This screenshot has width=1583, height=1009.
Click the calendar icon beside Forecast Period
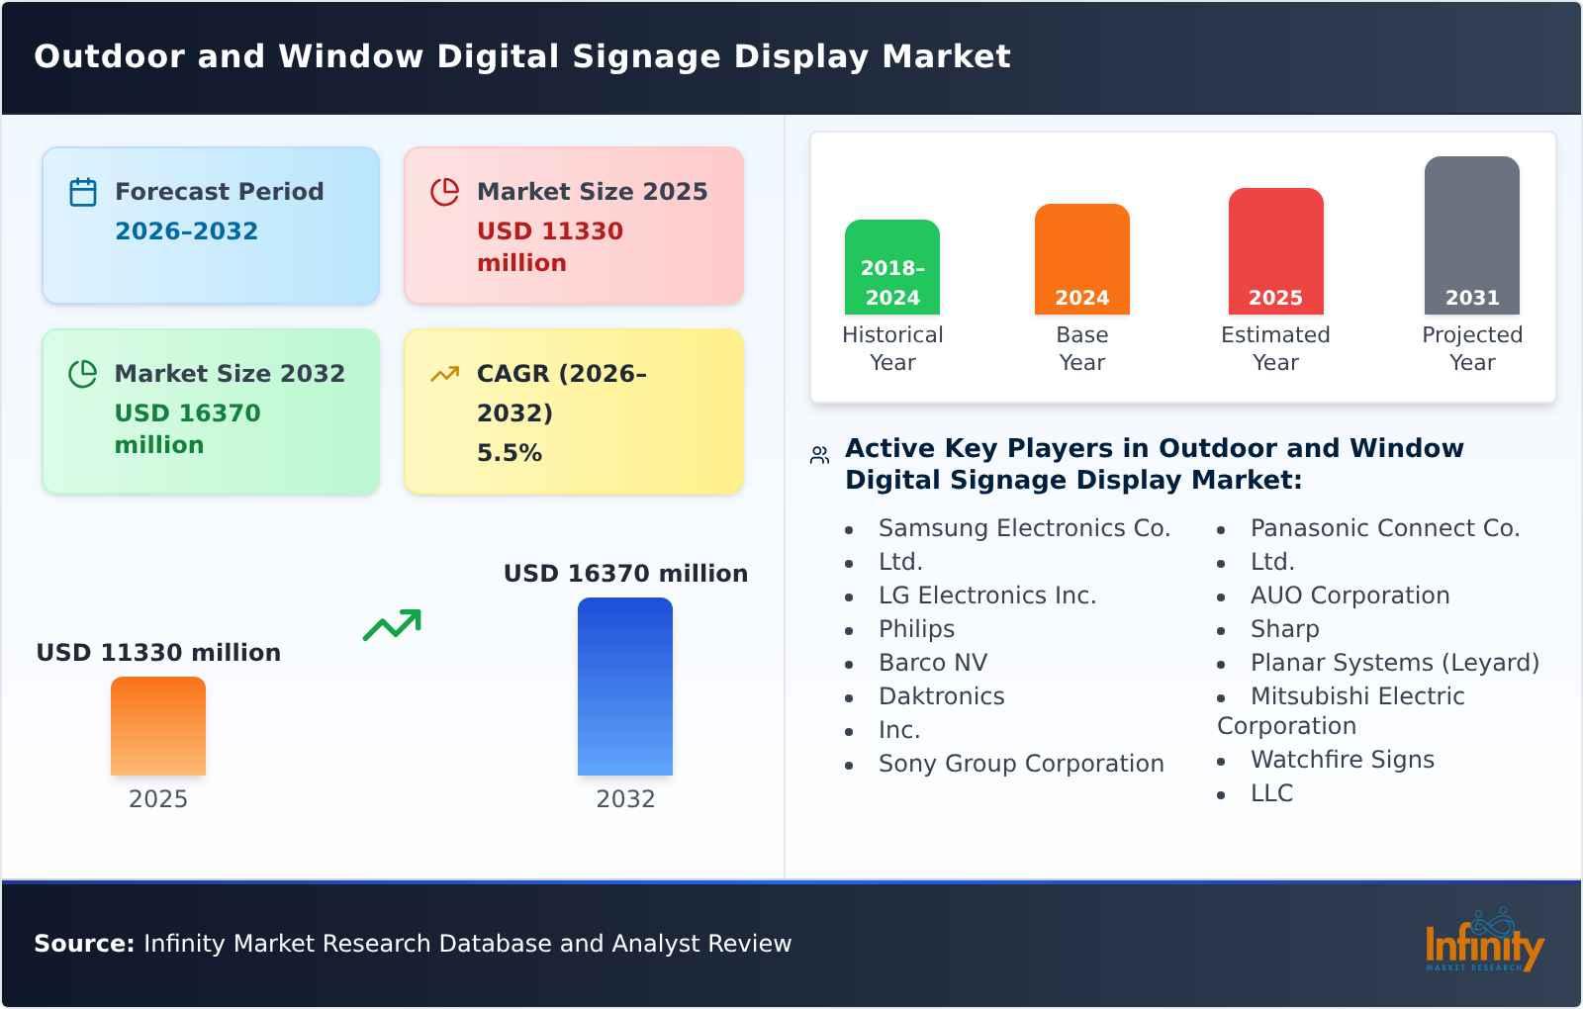[83, 192]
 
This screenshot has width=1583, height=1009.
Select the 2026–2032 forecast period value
[186, 231]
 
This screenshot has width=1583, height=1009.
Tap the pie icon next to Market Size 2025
[445, 192]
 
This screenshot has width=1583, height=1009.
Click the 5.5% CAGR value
[509, 453]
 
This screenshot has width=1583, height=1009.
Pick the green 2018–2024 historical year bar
[891, 266]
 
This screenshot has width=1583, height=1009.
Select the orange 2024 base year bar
[1081, 258]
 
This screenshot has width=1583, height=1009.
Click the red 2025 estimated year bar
[1275, 250]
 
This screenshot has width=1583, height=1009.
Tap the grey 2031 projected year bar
[1471, 234]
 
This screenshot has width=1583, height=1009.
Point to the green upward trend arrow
[392, 625]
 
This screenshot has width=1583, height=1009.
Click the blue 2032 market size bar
[624, 687]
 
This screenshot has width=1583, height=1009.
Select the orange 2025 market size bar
[158, 726]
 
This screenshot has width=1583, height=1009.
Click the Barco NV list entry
[932, 663]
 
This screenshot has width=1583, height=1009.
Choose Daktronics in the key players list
[941, 696]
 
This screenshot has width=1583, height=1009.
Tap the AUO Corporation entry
[1350, 596]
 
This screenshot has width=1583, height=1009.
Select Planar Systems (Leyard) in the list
[1394, 663]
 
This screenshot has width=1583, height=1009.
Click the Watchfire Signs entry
[1342, 760]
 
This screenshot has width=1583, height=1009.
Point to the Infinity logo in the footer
[1483, 943]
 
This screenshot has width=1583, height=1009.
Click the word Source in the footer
[83, 944]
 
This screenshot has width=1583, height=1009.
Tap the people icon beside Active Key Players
[819, 455]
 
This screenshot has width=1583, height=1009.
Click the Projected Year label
[1471, 348]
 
